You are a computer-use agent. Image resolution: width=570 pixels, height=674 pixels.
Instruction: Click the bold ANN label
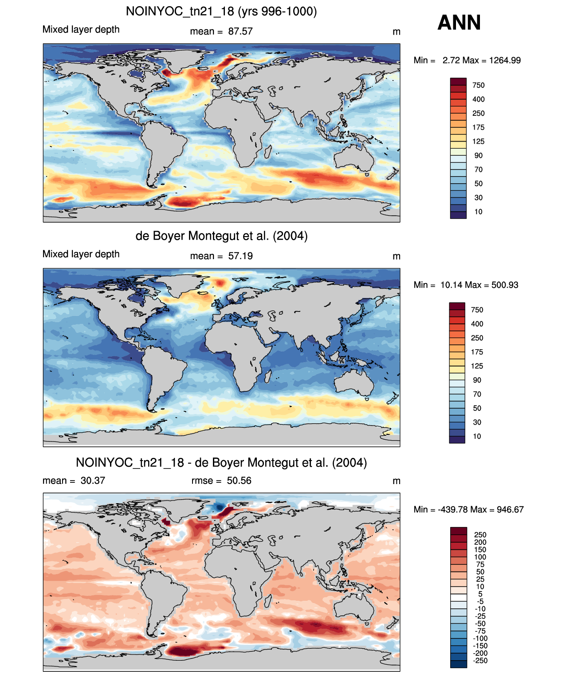(459, 23)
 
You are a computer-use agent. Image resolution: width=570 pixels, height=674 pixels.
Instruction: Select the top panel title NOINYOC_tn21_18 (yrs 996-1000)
(221, 12)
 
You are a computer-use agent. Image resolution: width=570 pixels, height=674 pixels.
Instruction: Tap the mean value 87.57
(240, 32)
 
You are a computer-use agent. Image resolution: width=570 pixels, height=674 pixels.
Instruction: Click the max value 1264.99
(505, 60)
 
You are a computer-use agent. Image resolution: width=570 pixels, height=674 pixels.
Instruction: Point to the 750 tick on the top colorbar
(479, 86)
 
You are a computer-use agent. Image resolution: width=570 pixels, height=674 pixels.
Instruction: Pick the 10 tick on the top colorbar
(479, 212)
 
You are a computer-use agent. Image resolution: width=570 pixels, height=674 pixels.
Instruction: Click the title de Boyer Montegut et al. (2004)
(221, 236)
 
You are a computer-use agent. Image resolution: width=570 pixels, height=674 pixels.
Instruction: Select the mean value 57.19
(240, 256)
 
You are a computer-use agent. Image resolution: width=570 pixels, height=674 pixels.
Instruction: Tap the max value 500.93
(504, 285)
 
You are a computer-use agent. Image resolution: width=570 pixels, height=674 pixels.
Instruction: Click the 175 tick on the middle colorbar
(477, 352)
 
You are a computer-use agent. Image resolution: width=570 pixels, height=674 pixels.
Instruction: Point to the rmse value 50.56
(239, 481)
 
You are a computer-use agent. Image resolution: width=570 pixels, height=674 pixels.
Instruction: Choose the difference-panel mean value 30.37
(93, 481)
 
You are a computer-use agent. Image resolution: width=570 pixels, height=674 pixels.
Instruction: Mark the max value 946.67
(510, 510)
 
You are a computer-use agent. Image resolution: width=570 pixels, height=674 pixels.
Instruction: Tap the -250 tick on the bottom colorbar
(481, 661)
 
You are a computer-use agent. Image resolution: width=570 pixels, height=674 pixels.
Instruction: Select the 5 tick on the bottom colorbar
(480, 594)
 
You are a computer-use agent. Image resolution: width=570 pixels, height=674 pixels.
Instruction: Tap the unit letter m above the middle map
(396, 256)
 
